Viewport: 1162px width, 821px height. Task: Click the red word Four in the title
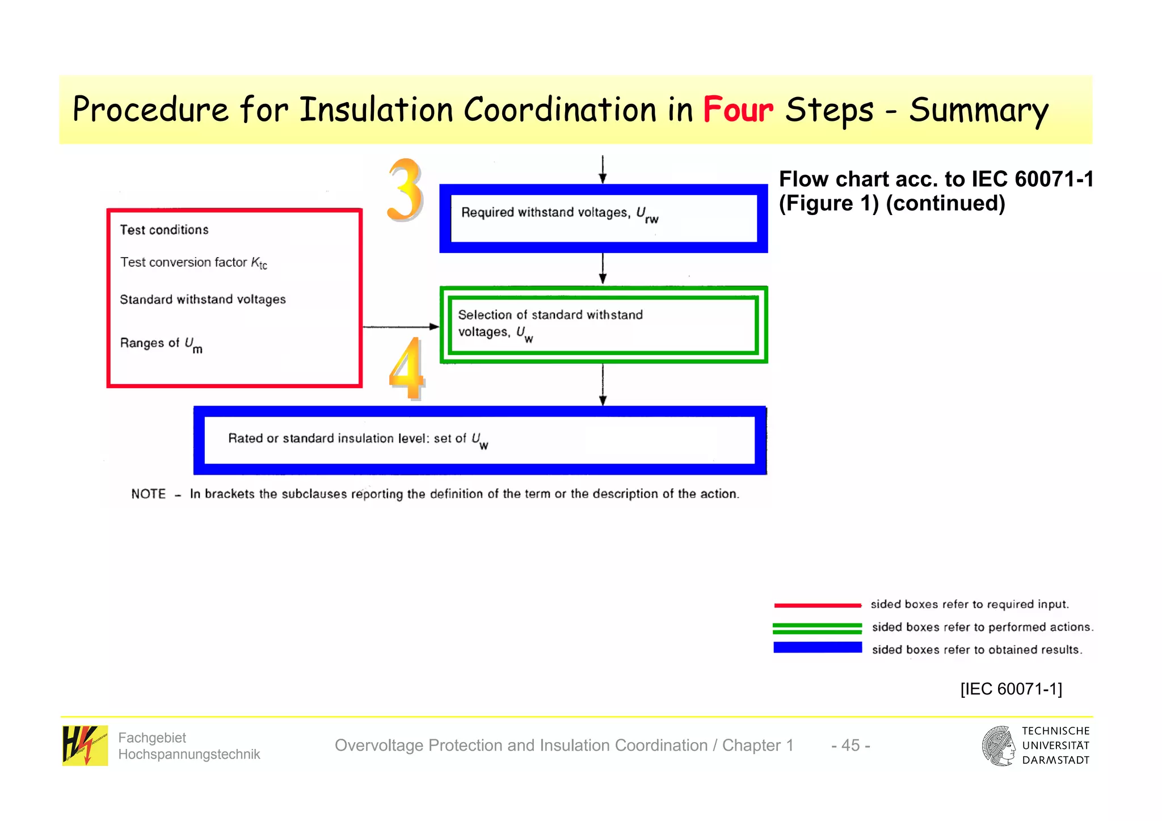(x=738, y=110)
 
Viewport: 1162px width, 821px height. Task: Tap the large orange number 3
(x=405, y=190)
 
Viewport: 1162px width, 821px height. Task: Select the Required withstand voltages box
(x=603, y=218)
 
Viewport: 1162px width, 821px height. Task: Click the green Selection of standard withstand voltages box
(x=603, y=325)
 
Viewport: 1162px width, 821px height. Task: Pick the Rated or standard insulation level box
(x=479, y=440)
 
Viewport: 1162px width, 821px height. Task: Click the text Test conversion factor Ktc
(x=193, y=263)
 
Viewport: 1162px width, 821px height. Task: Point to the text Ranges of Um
(x=161, y=344)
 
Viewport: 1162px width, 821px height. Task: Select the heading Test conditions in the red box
(x=164, y=230)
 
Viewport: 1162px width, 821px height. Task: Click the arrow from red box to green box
(x=400, y=327)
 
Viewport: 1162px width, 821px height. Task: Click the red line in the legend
(x=817, y=605)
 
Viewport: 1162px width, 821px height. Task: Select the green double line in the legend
(x=817, y=628)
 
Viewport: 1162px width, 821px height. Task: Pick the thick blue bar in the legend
(x=817, y=647)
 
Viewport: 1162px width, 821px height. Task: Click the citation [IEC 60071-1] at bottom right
(x=1011, y=689)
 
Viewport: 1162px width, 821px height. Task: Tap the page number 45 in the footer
(x=850, y=745)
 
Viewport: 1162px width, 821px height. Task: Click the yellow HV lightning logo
(x=85, y=745)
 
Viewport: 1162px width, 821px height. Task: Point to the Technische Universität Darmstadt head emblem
(x=999, y=746)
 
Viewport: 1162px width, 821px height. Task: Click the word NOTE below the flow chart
(x=148, y=494)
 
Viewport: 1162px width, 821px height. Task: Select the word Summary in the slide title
(x=978, y=111)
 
